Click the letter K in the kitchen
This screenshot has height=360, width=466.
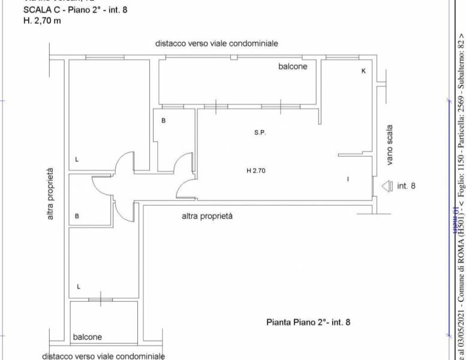347,71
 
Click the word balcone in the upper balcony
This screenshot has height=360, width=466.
276,67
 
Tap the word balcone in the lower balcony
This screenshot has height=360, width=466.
87,337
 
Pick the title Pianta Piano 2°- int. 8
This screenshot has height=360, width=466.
308,322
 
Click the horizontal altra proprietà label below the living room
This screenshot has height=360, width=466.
207,216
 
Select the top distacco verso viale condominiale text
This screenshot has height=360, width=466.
217,44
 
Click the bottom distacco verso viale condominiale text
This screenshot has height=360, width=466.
103,356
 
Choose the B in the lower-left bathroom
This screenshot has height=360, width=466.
77,217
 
